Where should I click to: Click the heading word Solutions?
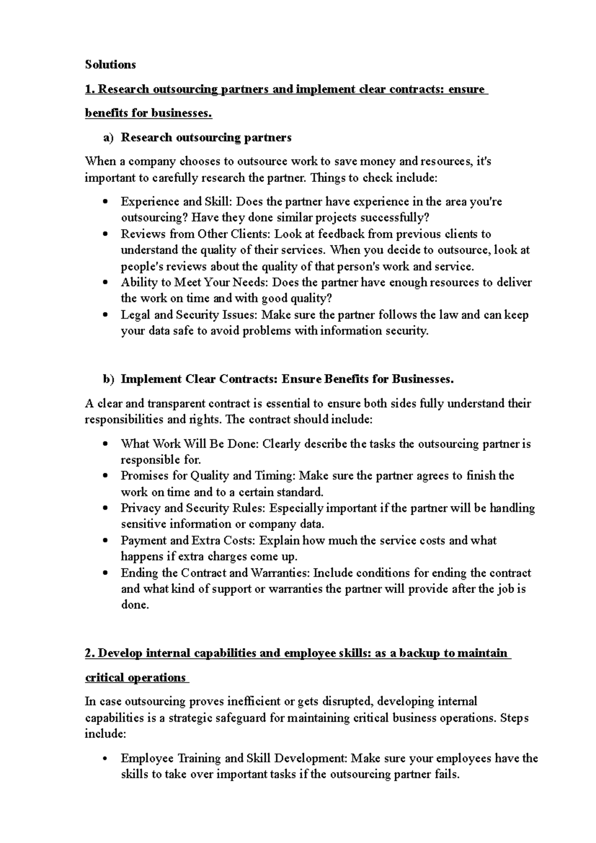pyautogui.click(x=110, y=65)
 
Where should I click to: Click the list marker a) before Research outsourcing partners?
pyautogui.click(x=109, y=138)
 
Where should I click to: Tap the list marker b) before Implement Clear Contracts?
pyautogui.click(x=109, y=380)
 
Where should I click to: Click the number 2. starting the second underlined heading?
pyautogui.click(x=90, y=654)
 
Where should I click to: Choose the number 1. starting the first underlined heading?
pyautogui.click(x=89, y=89)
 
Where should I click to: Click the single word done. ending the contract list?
pyautogui.click(x=135, y=605)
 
